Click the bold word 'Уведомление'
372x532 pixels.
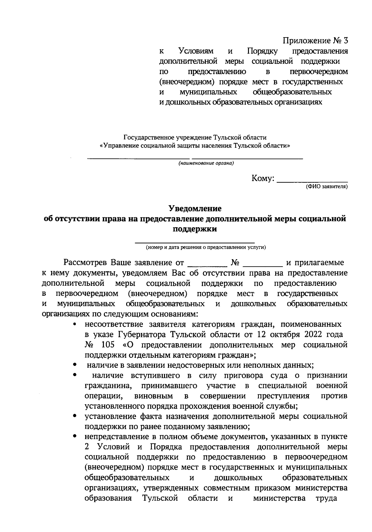pyautogui.click(x=195, y=209)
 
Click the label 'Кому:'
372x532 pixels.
pyautogui.click(x=263, y=179)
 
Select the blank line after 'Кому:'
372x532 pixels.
pyautogui.click(x=312, y=180)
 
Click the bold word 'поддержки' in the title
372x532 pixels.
pyautogui.click(x=195, y=229)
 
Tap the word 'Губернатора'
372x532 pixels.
pyautogui.click(x=142, y=335)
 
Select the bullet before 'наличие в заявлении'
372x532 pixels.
pyautogui.click(x=75, y=365)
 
